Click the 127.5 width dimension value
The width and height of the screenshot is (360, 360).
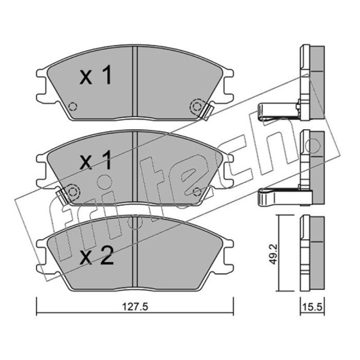point(135,307)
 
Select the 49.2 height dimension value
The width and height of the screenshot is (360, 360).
point(274,254)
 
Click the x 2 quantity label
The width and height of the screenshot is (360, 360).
point(97,256)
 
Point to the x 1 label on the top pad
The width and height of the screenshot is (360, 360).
point(95,75)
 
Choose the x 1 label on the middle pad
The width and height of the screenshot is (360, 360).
point(95,160)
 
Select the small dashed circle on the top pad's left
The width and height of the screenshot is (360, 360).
point(73,106)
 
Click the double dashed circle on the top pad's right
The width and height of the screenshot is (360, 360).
point(197,107)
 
